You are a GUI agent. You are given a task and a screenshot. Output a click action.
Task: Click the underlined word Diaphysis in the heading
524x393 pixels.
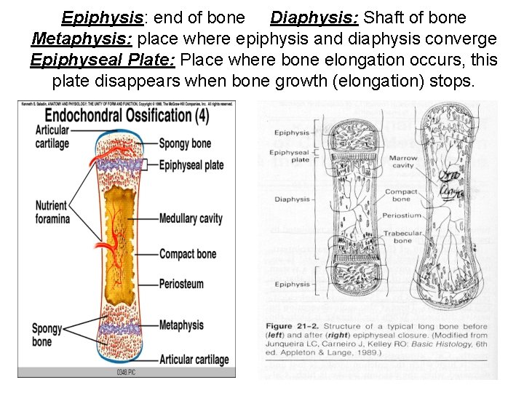click(306, 17)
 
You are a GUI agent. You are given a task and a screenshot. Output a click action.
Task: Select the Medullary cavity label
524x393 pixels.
click(191, 218)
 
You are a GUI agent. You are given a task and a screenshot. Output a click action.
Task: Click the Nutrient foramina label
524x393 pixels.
click(52, 212)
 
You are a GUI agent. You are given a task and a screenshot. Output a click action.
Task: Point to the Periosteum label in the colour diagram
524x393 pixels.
click(181, 284)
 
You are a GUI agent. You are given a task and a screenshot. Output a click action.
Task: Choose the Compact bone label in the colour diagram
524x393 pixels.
click(187, 254)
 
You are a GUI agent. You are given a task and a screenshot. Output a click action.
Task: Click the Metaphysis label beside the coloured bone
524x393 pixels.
click(181, 325)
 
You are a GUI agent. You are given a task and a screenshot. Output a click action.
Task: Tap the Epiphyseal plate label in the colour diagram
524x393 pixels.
click(191, 165)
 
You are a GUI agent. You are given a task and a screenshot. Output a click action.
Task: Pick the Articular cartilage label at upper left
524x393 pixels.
click(52, 136)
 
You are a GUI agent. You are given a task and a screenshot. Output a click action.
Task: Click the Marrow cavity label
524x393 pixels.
click(403, 162)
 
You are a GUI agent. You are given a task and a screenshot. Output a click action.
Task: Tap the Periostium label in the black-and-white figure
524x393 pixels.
click(402, 215)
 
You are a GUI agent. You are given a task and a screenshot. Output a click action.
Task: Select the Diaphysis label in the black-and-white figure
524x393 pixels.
click(293, 199)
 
